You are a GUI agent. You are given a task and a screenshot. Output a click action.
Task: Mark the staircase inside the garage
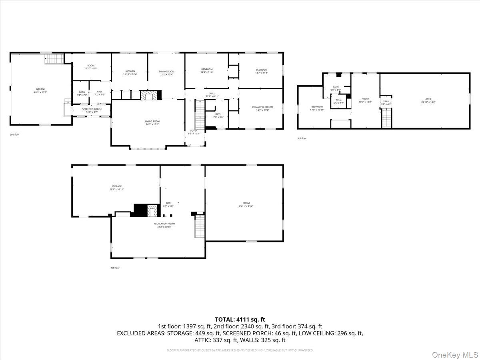pyautogui.click(x=54, y=59)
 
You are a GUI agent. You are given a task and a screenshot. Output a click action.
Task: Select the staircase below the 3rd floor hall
pyautogui.click(x=386, y=118)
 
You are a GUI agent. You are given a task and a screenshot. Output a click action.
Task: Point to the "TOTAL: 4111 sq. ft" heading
pyautogui.click(x=240, y=319)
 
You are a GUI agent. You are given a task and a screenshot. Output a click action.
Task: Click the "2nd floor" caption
pyautogui.click(x=15, y=134)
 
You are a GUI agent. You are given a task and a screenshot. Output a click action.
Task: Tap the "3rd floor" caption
pyautogui.click(x=302, y=138)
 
